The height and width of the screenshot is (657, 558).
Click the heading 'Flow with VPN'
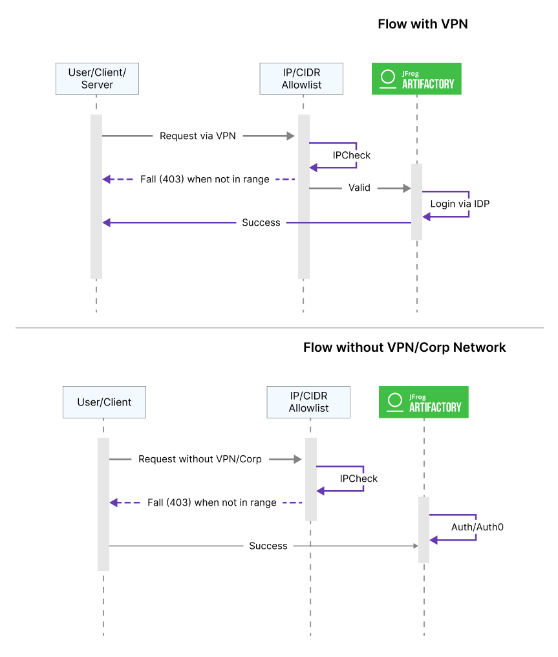click(422, 25)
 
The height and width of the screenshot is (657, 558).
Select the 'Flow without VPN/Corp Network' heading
click(404, 348)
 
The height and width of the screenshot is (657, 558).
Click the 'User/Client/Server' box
click(97, 78)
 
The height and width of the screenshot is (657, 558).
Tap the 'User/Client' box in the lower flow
click(104, 402)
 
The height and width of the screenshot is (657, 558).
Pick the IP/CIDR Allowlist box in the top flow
click(301, 78)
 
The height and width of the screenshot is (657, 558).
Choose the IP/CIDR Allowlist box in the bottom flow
click(308, 402)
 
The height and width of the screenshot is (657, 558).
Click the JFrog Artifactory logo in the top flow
click(416, 79)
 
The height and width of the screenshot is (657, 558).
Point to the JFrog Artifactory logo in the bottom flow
click(424, 402)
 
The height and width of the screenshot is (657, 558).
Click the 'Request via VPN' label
click(198, 136)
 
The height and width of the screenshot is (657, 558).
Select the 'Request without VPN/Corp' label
click(200, 459)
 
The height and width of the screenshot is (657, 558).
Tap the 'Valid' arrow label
click(359, 188)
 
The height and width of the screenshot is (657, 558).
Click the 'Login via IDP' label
click(460, 204)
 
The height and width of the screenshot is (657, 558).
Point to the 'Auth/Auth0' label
click(477, 527)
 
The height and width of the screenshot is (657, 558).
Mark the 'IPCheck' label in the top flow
click(351, 155)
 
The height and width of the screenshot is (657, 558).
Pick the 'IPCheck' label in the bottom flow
click(358, 479)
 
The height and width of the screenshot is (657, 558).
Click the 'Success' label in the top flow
click(261, 222)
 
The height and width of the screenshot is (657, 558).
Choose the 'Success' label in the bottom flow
click(268, 546)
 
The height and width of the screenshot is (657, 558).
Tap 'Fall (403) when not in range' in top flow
click(204, 179)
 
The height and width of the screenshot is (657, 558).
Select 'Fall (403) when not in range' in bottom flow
click(211, 502)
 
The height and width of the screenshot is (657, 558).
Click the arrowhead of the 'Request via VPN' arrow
click(291, 136)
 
